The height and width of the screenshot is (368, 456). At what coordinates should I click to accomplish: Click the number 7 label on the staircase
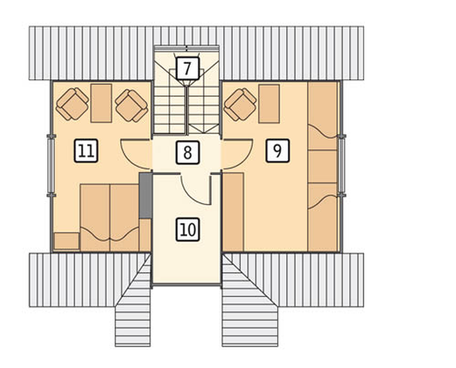click(188, 68)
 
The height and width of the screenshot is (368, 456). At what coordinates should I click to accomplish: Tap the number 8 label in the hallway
click(188, 152)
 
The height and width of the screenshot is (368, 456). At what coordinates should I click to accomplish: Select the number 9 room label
click(278, 150)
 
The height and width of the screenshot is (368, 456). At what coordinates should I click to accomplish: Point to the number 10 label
click(188, 230)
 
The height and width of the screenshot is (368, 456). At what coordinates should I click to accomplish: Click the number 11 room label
click(86, 150)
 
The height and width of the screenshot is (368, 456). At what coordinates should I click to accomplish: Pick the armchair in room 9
click(240, 105)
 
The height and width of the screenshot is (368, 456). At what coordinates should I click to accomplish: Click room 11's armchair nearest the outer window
click(72, 104)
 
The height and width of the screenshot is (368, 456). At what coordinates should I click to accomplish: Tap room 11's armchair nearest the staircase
click(132, 106)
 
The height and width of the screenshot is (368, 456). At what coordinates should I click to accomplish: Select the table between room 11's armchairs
click(101, 103)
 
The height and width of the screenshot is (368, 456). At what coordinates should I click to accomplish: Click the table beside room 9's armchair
click(269, 104)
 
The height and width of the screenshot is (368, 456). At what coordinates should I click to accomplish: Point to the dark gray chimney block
click(145, 195)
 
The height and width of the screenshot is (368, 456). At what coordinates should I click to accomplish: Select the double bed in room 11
click(109, 218)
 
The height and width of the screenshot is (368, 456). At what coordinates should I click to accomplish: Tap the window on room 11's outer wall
click(51, 165)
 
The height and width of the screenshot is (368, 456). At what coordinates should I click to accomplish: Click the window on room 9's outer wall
click(342, 165)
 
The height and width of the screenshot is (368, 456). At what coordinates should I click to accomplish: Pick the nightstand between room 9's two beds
click(322, 167)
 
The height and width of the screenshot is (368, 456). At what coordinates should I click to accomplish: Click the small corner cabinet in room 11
click(67, 241)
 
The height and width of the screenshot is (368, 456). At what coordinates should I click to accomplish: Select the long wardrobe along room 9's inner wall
click(233, 212)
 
